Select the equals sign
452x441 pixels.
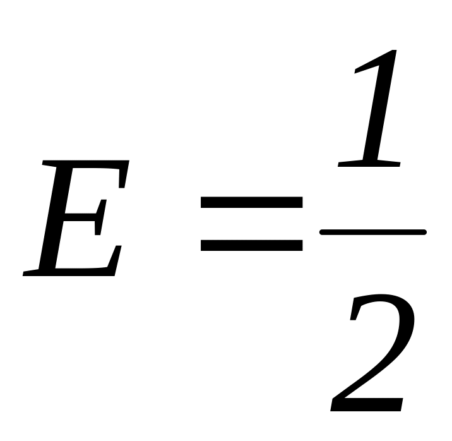pos(251,224)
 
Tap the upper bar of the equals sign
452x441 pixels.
pos(251,203)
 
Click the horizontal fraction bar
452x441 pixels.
pos(372,233)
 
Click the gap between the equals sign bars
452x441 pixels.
pos(251,224)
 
